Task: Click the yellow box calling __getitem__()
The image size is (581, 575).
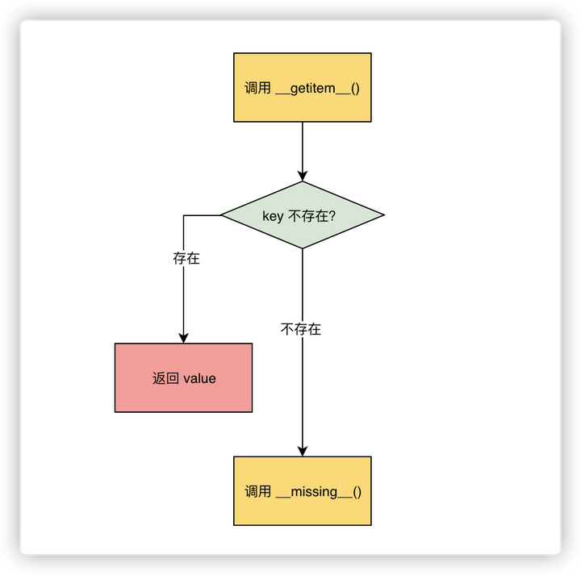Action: [x=302, y=87]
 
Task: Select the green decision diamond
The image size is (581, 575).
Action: [x=302, y=215]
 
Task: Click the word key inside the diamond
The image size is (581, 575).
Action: [x=274, y=216]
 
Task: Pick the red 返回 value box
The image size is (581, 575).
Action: [x=183, y=377]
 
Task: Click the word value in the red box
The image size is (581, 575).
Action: [x=199, y=378]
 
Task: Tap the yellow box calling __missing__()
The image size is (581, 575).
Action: [x=302, y=490]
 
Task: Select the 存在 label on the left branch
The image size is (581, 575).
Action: [x=186, y=259]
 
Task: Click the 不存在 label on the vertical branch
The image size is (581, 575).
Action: [x=301, y=329]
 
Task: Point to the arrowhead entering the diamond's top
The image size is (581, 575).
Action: [x=303, y=176]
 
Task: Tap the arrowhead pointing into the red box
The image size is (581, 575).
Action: [x=183, y=338]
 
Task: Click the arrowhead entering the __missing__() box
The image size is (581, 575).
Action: [x=303, y=451]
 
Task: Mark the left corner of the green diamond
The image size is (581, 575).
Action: [x=223, y=215]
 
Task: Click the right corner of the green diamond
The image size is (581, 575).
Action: [x=382, y=215]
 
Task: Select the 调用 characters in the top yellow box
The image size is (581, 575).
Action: [x=258, y=88]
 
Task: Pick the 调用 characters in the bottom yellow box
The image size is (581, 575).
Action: [x=258, y=491]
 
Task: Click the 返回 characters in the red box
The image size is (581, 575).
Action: [x=165, y=378]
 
